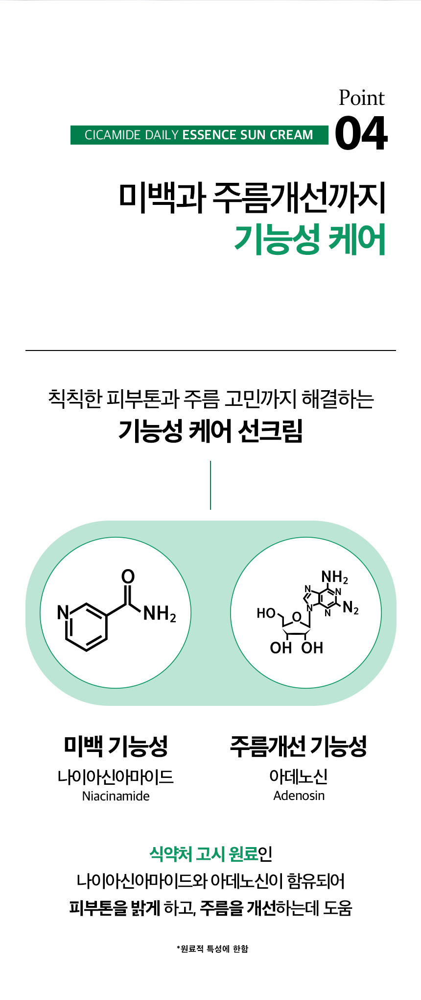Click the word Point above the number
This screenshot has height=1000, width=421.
(361, 98)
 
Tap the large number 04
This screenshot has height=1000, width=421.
(361, 133)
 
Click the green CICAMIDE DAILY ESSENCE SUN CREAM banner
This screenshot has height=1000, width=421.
(199, 135)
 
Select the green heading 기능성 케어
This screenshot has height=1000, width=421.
(309, 239)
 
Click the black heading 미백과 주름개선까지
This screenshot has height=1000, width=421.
(252, 198)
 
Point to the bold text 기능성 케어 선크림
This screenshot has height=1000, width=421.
(210, 431)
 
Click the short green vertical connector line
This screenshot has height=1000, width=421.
(210, 485)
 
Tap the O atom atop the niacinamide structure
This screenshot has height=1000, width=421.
(128, 576)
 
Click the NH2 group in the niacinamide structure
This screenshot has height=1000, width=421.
(160, 614)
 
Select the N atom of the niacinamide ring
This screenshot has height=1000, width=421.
(63, 612)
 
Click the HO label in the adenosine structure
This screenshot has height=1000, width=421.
(266, 613)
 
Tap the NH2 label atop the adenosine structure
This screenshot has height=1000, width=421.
(334, 577)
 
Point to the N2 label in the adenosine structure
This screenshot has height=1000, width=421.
(351, 608)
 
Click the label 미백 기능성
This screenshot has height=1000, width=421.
(116, 746)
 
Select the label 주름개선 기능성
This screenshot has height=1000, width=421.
(299, 746)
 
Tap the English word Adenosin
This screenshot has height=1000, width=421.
(299, 796)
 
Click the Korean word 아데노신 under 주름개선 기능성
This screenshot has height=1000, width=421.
(299, 776)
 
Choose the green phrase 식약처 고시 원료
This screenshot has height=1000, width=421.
(203, 854)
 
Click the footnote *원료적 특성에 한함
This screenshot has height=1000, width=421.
(212, 949)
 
